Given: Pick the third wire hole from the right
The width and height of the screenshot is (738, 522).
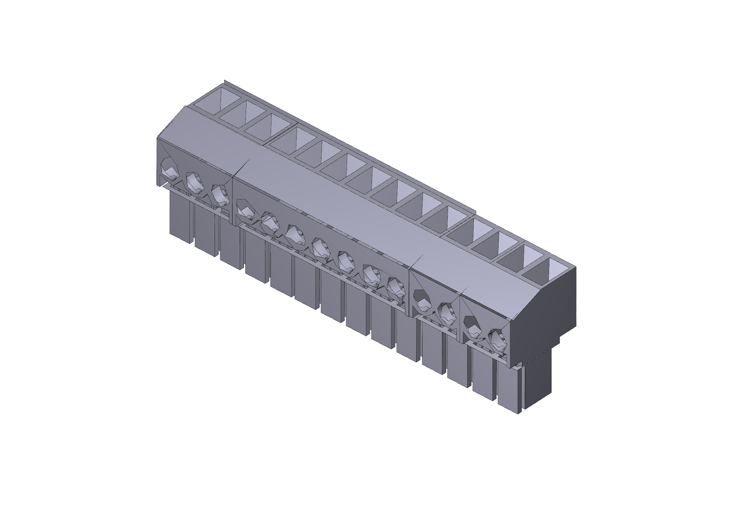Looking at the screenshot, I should [x=447, y=313].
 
